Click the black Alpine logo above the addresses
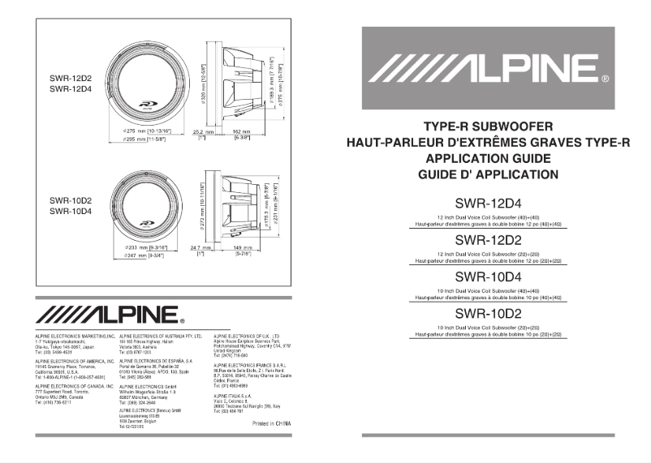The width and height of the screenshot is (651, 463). [110, 314]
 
